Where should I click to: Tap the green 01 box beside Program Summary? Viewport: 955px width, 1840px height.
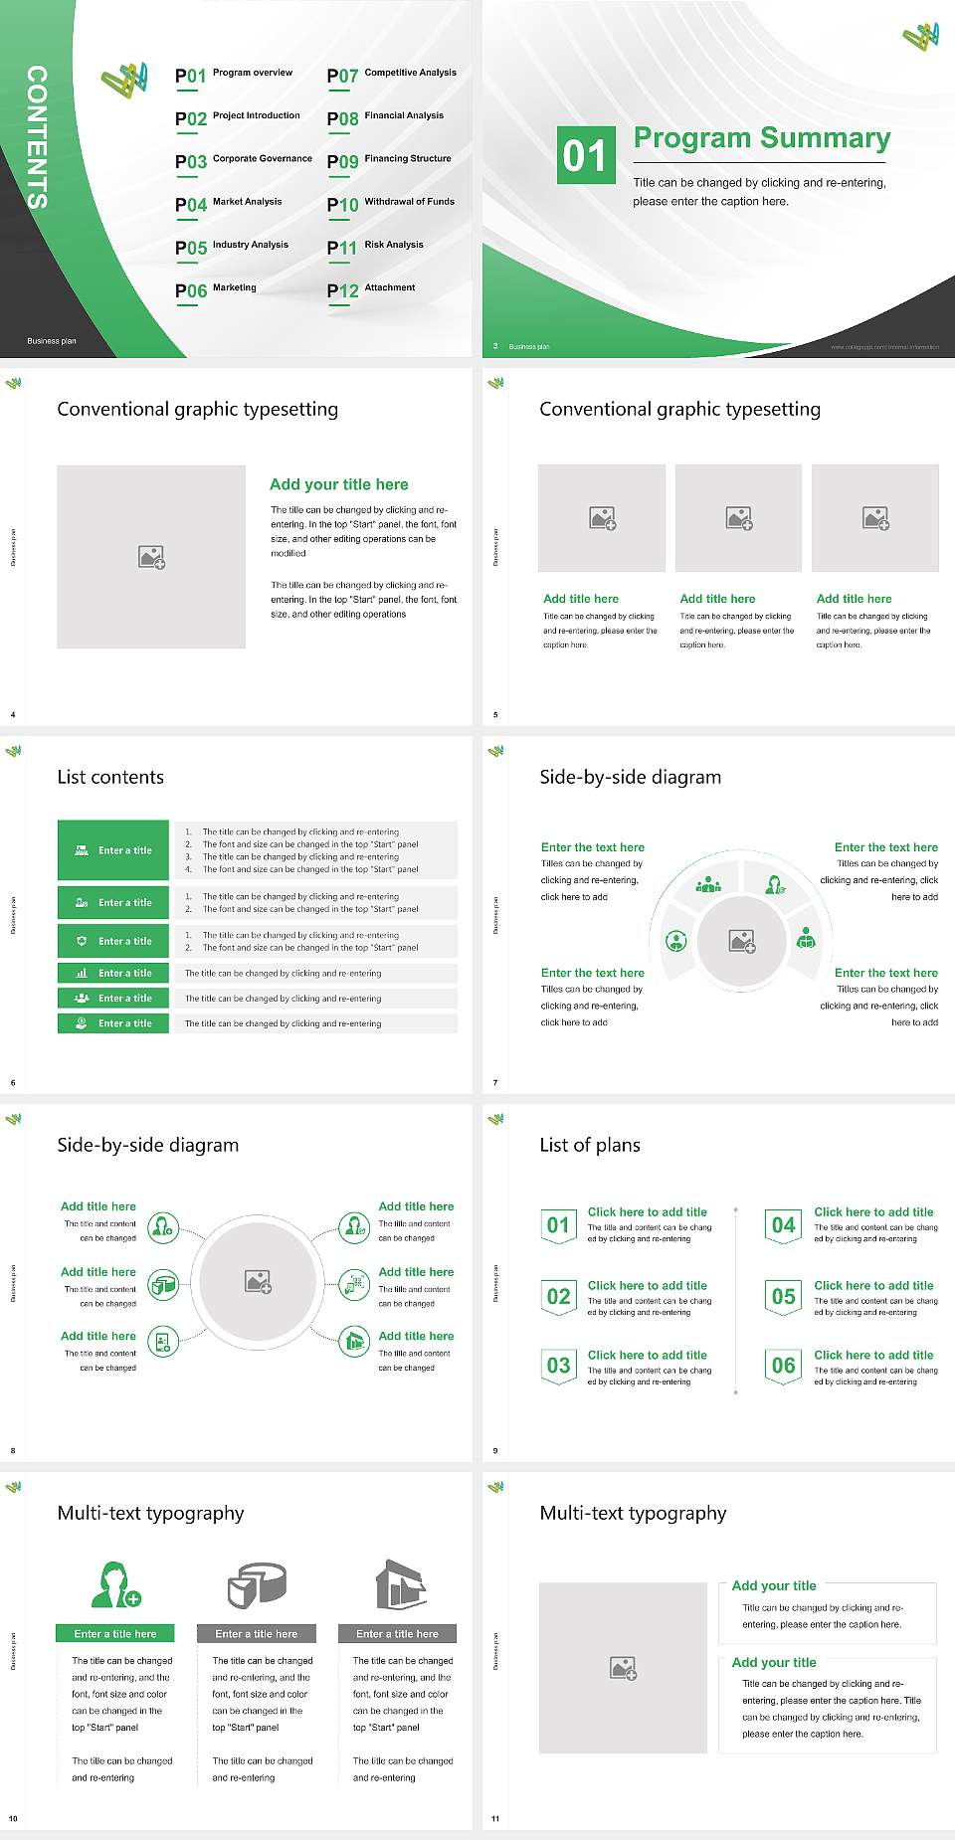pyautogui.click(x=584, y=155)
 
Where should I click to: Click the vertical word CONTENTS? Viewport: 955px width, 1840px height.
pyautogui.click(x=37, y=136)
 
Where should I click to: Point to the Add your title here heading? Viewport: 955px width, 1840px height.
pyautogui.click(x=338, y=484)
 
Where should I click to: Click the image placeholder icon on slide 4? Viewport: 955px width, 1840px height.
pyautogui.click(x=151, y=557)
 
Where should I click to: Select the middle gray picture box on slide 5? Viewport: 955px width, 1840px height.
pyautogui.click(x=738, y=518)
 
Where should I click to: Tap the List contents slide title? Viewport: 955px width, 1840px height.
pyautogui.click(x=110, y=777)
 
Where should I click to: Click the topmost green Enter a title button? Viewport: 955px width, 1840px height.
pyautogui.click(x=113, y=850)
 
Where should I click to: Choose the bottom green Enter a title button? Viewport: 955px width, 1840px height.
pyautogui.click(x=113, y=1023)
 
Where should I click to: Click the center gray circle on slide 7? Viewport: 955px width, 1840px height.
pyautogui.click(x=742, y=940)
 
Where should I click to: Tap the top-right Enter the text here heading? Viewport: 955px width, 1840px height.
pyautogui.click(x=885, y=847)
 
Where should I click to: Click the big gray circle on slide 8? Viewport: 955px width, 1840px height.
pyautogui.click(x=258, y=1281)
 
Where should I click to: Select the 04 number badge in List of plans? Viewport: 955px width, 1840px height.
pyautogui.click(x=784, y=1225)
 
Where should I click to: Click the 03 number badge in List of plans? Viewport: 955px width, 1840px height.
pyautogui.click(x=559, y=1366)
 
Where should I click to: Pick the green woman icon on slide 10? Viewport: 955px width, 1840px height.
pyautogui.click(x=115, y=1584)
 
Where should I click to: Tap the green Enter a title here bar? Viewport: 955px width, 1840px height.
pyautogui.click(x=115, y=1634)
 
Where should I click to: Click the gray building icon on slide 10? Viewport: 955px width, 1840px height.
pyautogui.click(x=401, y=1584)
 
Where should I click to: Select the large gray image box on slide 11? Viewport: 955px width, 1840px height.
pyautogui.click(x=623, y=1668)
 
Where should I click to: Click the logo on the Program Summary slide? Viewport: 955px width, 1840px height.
pyautogui.click(x=921, y=38)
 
